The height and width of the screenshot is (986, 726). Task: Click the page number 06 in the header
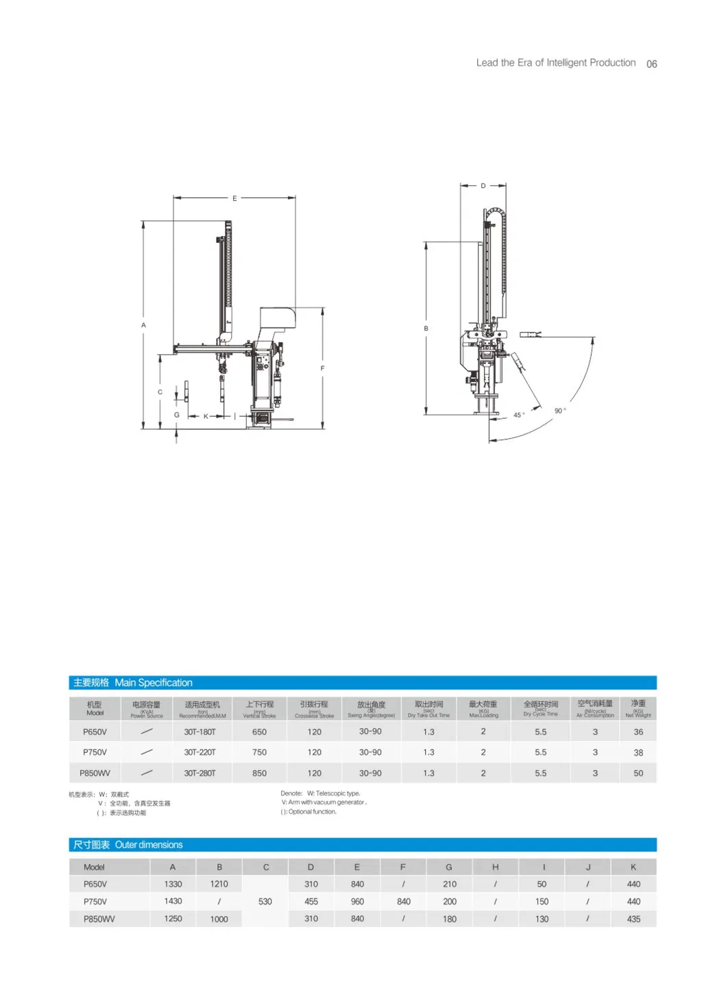[651, 64]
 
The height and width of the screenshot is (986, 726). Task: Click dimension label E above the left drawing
[234, 198]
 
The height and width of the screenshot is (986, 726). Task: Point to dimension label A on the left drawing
[143, 325]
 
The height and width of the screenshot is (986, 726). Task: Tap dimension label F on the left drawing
[322, 368]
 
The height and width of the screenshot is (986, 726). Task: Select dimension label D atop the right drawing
[483, 186]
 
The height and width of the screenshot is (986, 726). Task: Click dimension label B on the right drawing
[426, 328]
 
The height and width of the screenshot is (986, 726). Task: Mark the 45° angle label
[519, 415]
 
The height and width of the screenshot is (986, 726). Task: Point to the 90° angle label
[559, 411]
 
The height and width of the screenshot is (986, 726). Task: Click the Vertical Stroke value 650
[259, 732]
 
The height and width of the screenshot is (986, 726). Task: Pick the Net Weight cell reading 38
[638, 752]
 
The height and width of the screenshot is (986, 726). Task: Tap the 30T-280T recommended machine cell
[199, 773]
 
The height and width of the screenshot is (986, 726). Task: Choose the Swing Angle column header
[371, 708]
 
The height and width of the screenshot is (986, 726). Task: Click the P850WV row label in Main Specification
[95, 773]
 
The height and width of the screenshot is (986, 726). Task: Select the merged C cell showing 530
[265, 902]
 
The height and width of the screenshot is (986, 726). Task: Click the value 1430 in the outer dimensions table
[173, 901]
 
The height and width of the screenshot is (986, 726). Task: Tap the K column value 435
[633, 919]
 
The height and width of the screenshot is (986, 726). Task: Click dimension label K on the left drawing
[206, 416]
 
